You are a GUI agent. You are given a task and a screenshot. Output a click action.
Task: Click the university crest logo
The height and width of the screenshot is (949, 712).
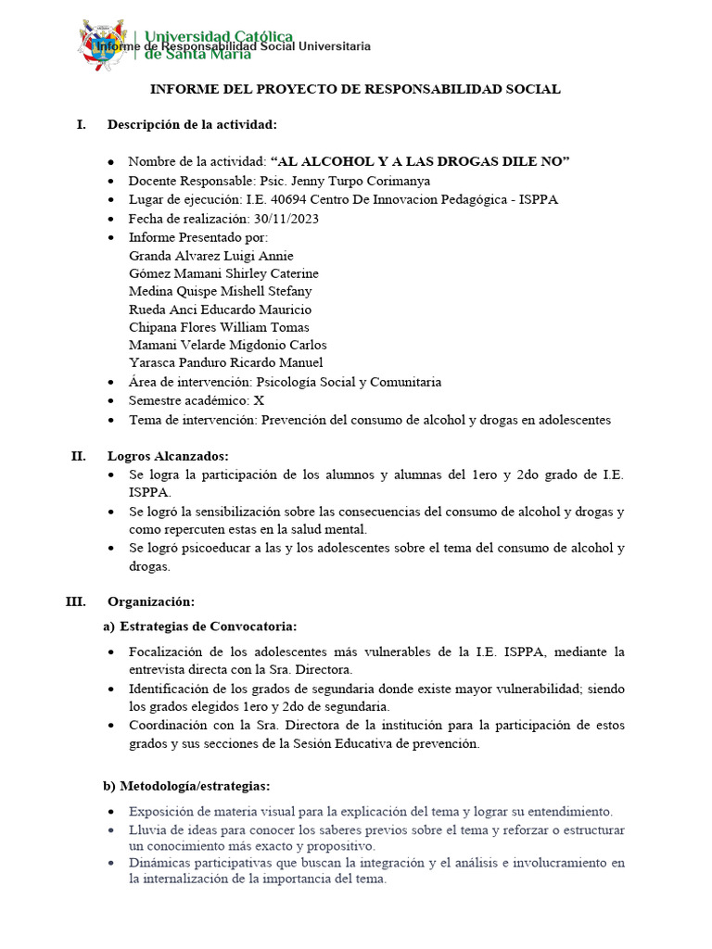[104, 44]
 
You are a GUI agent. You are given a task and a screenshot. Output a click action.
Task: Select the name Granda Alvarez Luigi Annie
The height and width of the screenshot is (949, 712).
[211, 255]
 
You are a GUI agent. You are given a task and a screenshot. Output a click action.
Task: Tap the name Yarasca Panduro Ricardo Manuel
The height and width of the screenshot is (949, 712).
[225, 362]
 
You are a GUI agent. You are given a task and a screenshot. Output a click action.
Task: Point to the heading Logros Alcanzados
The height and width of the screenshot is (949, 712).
[168, 456]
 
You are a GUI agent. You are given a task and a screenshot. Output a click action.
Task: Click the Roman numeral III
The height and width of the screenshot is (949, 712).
[75, 601]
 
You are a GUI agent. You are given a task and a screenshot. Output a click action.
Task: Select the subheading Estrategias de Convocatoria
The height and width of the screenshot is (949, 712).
[208, 626]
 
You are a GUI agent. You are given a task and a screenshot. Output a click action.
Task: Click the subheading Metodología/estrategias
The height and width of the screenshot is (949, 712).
[194, 786]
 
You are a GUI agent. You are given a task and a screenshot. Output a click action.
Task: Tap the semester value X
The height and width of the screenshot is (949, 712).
[259, 399]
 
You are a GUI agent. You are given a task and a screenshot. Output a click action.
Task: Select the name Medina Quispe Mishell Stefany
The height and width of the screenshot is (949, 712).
[221, 291]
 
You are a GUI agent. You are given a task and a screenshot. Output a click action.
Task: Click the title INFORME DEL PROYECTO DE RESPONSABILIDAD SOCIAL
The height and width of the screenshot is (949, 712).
[355, 90]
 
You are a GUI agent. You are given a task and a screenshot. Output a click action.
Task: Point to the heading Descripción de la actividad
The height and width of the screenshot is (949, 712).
[192, 124]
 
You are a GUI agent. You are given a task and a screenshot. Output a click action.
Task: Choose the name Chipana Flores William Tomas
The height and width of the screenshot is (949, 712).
[219, 327]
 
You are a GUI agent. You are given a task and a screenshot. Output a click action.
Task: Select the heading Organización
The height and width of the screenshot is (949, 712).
[151, 601]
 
